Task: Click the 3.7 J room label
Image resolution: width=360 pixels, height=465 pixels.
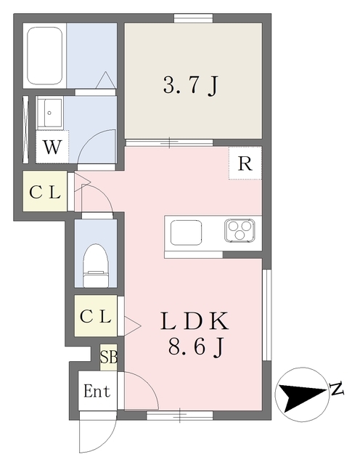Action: tap(190, 86)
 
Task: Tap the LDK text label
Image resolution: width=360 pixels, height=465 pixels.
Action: tap(195, 321)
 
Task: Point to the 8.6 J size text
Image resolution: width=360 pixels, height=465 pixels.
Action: tap(195, 347)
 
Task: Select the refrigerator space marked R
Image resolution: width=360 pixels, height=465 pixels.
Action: tap(245, 163)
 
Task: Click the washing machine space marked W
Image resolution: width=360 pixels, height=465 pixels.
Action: tap(52, 147)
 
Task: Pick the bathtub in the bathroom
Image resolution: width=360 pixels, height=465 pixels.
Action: tap(45, 56)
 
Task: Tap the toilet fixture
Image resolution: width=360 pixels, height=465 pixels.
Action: tap(95, 266)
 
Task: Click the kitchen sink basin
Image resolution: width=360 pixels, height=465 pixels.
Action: tap(186, 232)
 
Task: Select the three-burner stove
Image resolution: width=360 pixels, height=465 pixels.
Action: tap(240, 230)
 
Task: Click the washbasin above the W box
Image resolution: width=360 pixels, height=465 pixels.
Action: tap(49, 113)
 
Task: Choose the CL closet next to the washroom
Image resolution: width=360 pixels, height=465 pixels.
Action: tap(45, 192)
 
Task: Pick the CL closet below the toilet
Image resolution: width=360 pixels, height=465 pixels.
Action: tap(95, 316)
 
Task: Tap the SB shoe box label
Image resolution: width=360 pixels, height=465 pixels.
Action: tap(108, 357)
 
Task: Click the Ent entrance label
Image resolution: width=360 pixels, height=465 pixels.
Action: tap(97, 391)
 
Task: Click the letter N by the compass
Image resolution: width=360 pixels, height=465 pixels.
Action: tap(337, 389)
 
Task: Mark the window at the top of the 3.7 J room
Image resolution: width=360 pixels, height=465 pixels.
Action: tap(193, 18)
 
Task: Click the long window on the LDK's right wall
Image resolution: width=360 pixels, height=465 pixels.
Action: tap(266, 315)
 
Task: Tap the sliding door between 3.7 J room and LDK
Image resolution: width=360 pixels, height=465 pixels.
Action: tap(169, 142)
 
